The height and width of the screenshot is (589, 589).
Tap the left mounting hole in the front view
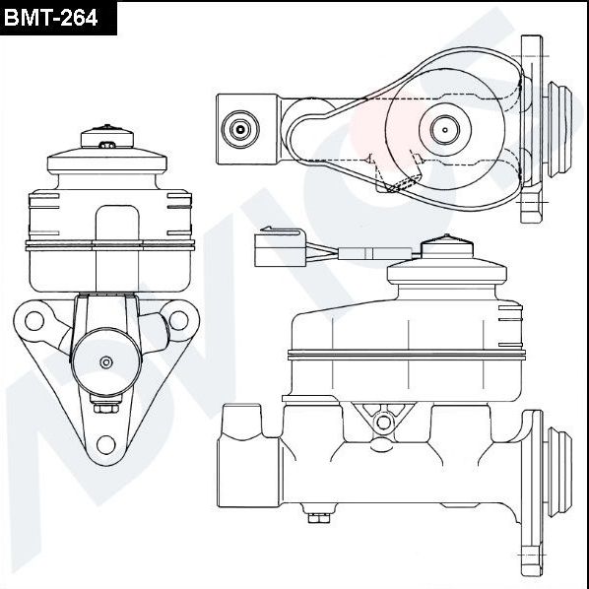(33, 320)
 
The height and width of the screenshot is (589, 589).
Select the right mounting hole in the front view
(178, 320)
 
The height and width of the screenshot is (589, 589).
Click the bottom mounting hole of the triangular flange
(106, 443)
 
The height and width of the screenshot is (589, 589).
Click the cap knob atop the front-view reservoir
(106, 129)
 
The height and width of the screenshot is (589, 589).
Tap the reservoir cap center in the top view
(442, 128)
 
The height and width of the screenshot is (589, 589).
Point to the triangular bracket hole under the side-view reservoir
(382, 422)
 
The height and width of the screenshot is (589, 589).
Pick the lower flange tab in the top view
(532, 205)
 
